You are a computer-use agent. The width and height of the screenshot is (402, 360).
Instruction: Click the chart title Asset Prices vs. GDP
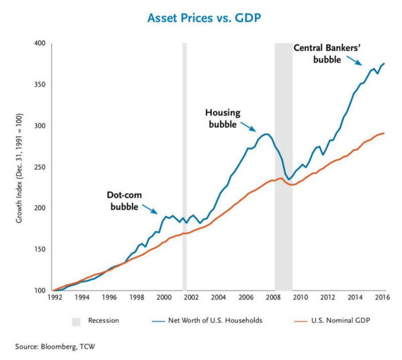[x=201, y=18]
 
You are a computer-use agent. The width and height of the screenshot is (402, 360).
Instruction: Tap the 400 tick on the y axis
[x=40, y=44]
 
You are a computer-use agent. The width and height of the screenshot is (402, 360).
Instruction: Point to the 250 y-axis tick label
[x=40, y=167]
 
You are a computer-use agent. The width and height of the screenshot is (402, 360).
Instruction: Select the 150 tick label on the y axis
[x=40, y=250]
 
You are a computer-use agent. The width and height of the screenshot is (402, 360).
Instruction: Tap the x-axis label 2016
[x=383, y=298]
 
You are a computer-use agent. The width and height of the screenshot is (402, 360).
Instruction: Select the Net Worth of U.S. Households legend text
[x=207, y=320]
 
